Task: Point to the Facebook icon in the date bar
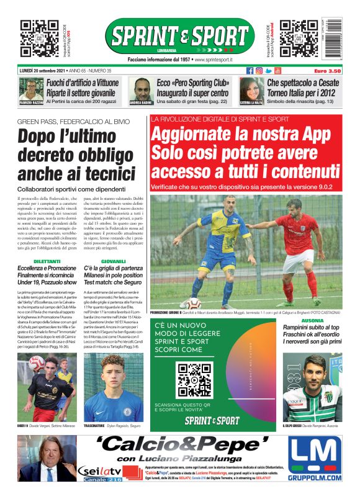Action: click(x=250, y=71)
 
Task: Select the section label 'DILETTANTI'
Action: click(x=47, y=262)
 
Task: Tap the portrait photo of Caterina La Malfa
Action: click(x=250, y=89)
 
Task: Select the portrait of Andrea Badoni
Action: click(x=142, y=89)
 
